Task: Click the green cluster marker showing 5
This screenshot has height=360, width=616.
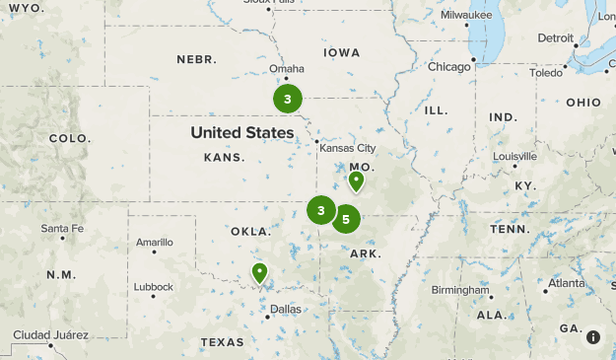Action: (345, 219)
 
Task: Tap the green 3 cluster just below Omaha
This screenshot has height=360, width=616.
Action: (287, 99)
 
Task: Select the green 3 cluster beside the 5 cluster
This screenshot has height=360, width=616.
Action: (321, 209)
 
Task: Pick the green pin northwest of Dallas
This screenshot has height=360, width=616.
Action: (260, 272)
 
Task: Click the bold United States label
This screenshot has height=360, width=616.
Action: (242, 132)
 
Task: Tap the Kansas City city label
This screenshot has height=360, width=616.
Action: (345, 149)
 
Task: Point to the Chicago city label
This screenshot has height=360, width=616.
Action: (449, 67)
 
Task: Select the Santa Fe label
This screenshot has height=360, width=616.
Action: (61, 229)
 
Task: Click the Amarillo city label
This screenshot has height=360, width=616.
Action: (154, 243)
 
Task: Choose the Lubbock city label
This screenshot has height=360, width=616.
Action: (153, 287)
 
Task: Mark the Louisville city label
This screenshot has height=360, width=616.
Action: (514, 156)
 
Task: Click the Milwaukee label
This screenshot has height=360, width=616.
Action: (467, 16)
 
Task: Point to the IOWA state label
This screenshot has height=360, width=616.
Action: (341, 52)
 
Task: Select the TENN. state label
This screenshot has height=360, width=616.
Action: (511, 229)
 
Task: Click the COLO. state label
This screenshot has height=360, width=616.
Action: (68, 138)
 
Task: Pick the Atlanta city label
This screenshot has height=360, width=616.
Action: (566, 283)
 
